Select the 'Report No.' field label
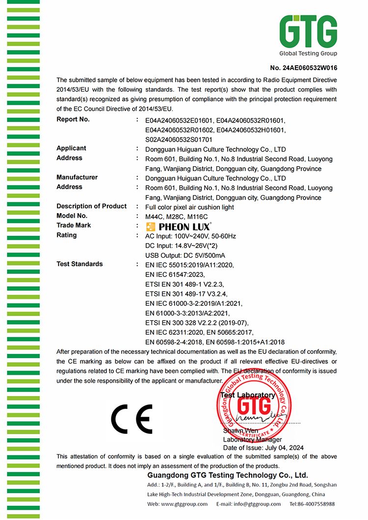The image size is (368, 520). pos(73,120)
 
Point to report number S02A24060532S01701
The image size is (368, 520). pos(178,139)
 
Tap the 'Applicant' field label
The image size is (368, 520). pos(71,149)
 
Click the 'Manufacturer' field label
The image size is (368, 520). pos(77,177)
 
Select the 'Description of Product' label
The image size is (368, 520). pos(91,206)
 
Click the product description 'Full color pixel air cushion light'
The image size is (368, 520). pos(189,207)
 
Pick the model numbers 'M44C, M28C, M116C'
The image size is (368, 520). pos(177,216)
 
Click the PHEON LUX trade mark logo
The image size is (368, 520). pos(179,226)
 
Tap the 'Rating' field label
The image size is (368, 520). pos(67,235)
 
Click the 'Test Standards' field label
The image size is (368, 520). pos(79,264)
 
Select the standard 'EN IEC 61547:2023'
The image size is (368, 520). pos(175,274)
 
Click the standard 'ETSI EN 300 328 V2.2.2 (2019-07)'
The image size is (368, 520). pos(197,322)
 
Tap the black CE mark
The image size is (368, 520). pos(131,418)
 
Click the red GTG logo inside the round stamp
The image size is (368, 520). pos(253,405)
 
